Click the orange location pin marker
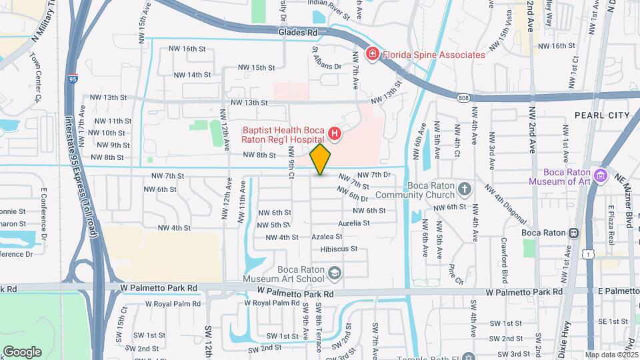click(321, 159)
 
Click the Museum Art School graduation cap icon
click(334, 272)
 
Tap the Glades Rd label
click(299, 32)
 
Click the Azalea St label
click(327, 236)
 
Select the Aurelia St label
click(353, 223)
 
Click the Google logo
click(22, 351)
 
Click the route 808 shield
click(463, 97)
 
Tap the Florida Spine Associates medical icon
click(372, 54)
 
